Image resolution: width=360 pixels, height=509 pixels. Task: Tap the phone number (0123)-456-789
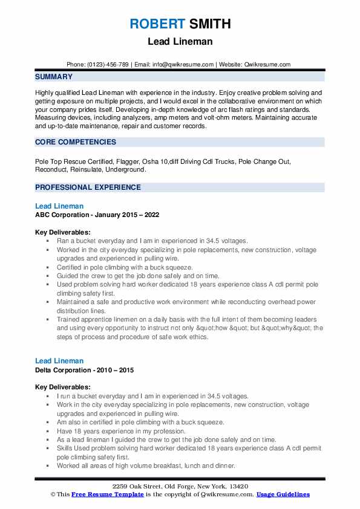(107, 65)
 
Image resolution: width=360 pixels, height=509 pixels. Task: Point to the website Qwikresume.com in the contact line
(267, 65)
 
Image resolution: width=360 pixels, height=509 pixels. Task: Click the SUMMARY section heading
(54, 77)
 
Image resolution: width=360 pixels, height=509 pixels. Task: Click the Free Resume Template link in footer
(106, 494)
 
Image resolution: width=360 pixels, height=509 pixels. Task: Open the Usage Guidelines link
(283, 494)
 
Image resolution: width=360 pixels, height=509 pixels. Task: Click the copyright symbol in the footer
(53, 494)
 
